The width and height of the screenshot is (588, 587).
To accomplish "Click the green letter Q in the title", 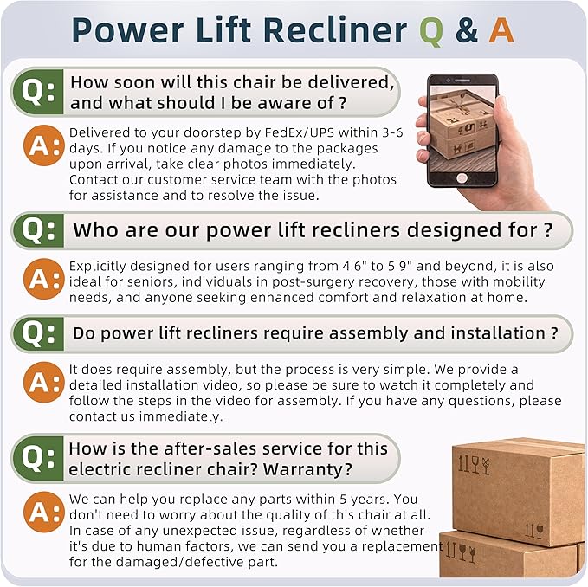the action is pyautogui.click(x=431, y=31).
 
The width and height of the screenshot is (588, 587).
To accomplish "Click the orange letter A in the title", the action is pyautogui.click(x=501, y=30).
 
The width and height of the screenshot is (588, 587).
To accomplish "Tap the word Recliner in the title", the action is pyautogui.click(x=335, y=30).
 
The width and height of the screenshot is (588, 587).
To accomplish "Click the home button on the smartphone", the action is pyautogui.click(x=462, y=177).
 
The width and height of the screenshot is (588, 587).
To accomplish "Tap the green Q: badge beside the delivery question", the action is pyautogui.click(x=38, y=92).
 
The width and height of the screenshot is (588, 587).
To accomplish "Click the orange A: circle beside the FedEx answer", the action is pyautogui.click(x=43, y=145).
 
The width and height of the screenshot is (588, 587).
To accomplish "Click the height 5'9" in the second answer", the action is pyautogui.click(x=398, y=266).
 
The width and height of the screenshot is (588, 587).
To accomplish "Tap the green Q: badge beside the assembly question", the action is pyautogui.click(x=38, y=333).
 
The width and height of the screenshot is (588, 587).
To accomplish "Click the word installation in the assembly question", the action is pyautogui.click(x=498, y=332).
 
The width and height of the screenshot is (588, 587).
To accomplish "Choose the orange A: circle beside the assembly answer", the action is pyautogui.click(x=43, y=383).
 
